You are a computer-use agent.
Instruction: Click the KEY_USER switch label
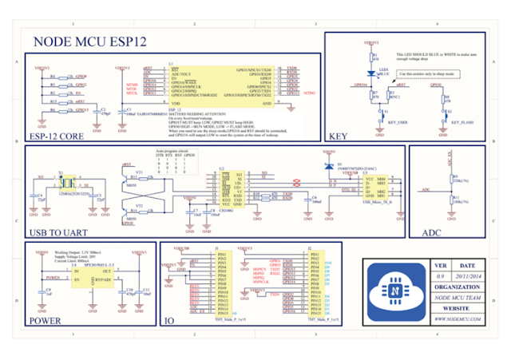tap(396, 123)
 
